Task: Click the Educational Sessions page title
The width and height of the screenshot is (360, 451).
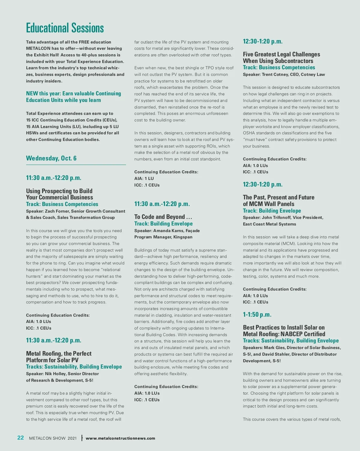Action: click(65, 28)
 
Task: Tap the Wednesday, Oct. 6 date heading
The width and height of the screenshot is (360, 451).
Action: click(51, 158)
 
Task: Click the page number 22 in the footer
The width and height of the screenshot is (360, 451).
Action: click(20, 438)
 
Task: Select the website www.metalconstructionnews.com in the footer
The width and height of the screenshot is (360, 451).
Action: click(120, 438)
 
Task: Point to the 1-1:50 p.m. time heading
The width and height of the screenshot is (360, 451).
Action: click(257, 315)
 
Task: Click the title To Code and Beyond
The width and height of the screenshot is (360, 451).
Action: click(163, 217)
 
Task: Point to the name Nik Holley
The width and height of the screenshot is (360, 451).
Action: click(55, 374)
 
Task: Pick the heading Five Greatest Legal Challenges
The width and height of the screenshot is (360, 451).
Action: click(281, 54)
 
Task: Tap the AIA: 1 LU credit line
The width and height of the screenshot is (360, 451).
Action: click(144, 178)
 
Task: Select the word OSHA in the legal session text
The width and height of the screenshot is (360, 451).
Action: click(249, 133)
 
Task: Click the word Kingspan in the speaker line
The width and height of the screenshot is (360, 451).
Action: click(183, 237)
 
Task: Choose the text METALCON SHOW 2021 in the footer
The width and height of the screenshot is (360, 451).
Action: click(53, 438)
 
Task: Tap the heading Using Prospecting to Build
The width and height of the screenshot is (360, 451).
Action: click(59, 191)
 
